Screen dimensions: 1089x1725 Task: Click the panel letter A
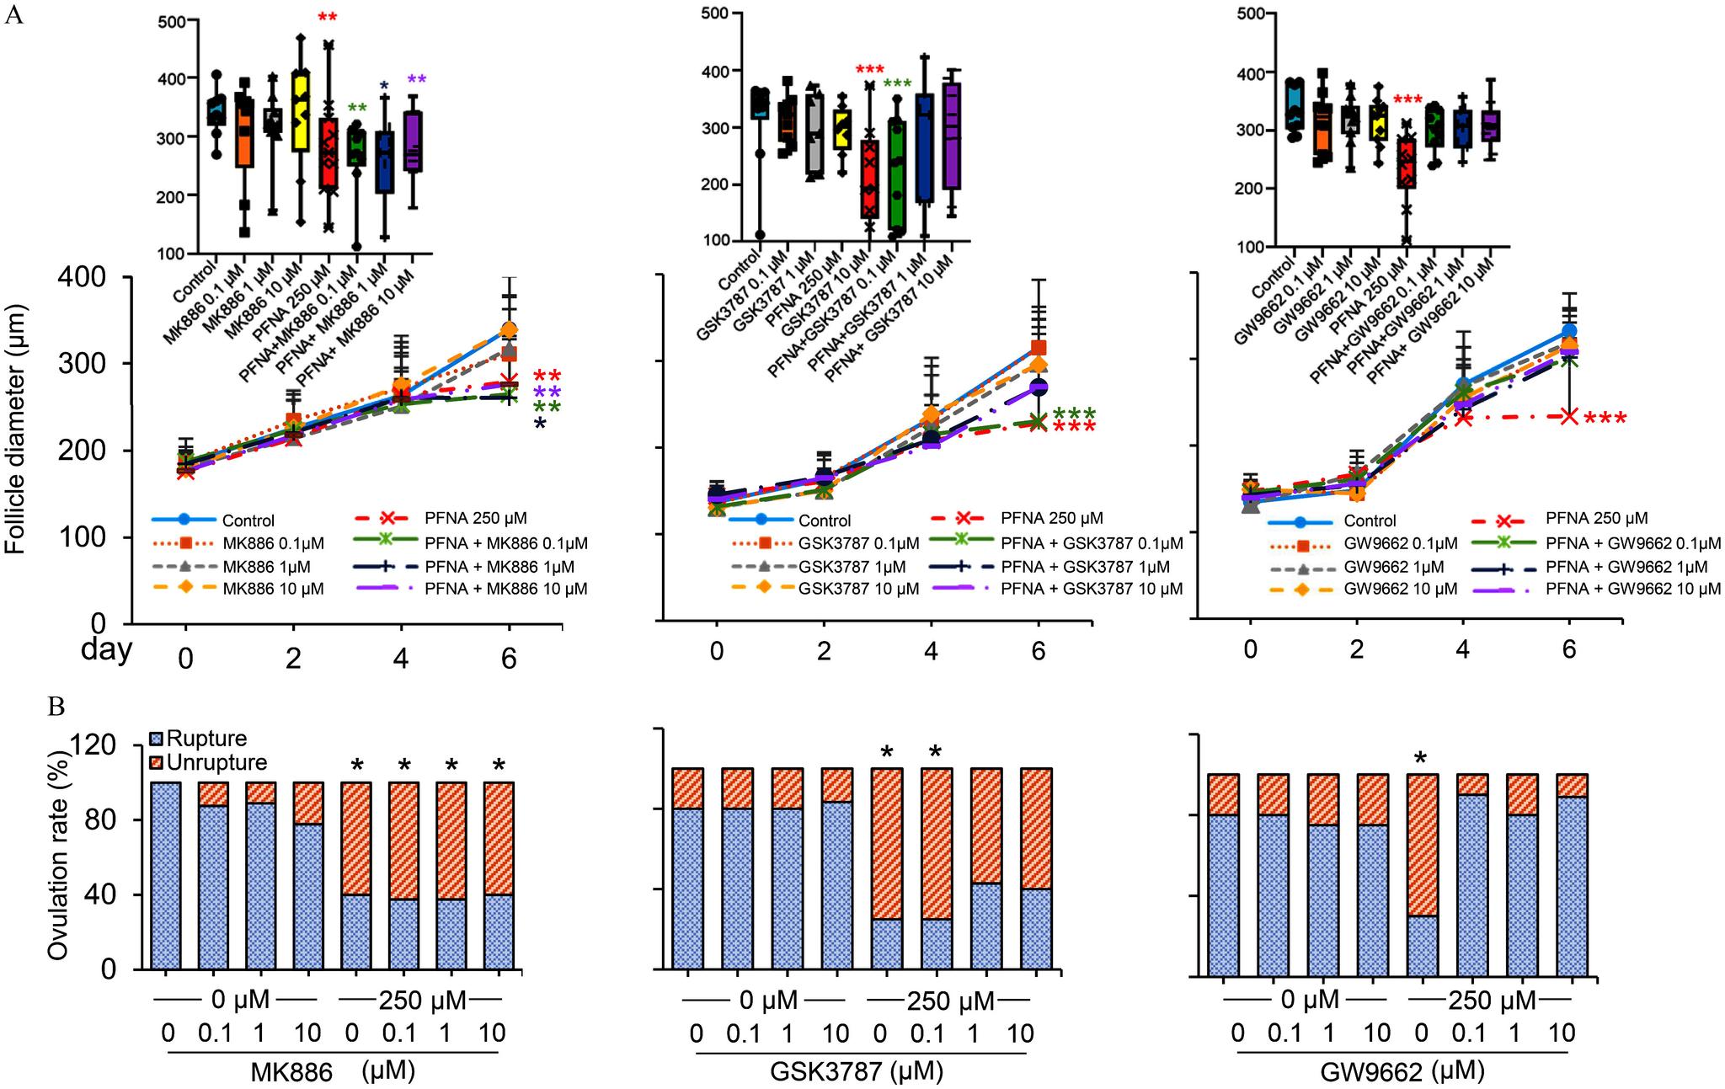(x=13, y=16)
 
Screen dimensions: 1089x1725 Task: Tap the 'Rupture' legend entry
(x=206, y=739)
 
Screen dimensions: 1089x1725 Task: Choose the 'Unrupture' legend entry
(x=216, y=763)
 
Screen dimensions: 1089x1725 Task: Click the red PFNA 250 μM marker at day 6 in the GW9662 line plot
(x=1568, y=416)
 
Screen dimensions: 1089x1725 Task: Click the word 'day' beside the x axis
(x=106, y=649)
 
